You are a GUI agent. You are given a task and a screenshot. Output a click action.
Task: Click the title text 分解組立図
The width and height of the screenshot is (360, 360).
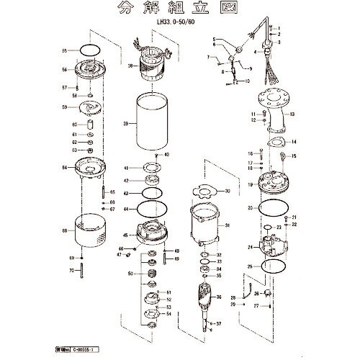180,12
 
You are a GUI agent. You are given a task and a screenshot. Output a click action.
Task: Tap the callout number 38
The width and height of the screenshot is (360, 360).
130,66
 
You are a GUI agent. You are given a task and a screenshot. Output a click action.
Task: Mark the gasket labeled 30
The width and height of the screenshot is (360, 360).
204,192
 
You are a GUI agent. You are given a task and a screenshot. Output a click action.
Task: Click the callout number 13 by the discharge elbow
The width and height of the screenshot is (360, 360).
293,114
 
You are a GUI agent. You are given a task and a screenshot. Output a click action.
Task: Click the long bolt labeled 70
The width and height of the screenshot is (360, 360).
84,271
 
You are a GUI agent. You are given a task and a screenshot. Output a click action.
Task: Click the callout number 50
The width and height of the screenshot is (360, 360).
130,274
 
